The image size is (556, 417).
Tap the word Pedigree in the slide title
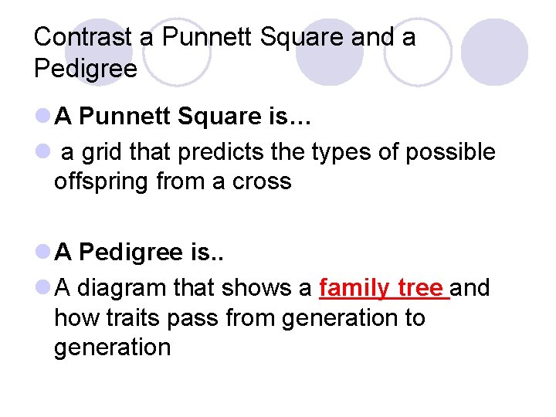click(x=86, y=69)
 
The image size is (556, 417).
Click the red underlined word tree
click(x=422, y=288)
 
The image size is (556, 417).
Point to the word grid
click(x=102, y=153)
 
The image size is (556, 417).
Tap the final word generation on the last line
click(x=112, y=347)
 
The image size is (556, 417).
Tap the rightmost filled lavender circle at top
click(x=495, y=52)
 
